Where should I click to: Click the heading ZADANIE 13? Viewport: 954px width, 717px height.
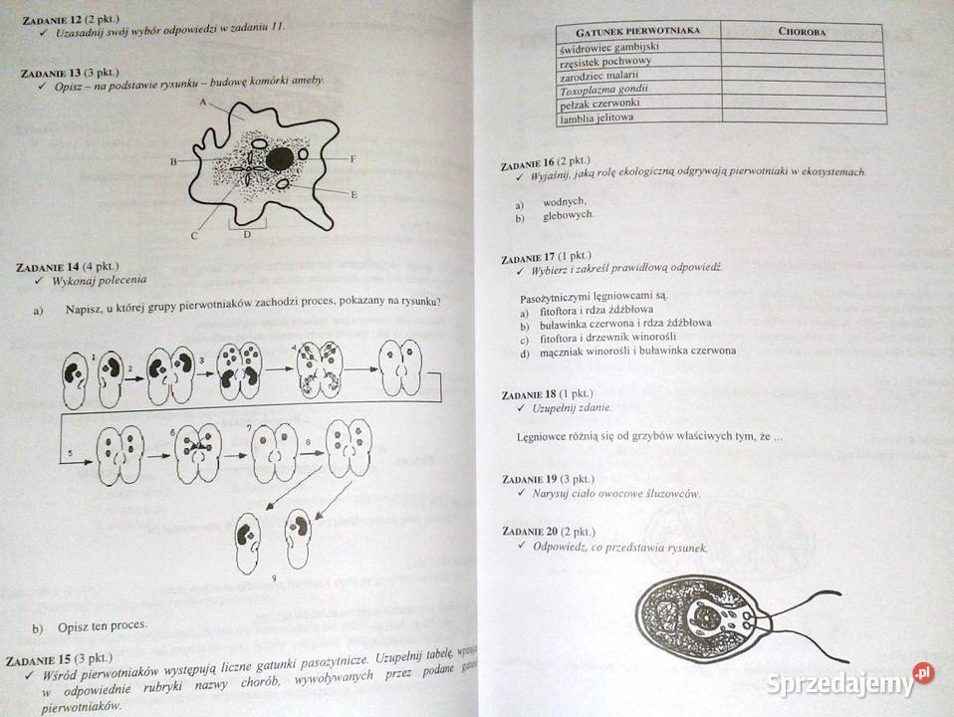[x=52, y=73]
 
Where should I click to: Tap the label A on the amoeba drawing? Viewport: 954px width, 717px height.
[x=202, y=103]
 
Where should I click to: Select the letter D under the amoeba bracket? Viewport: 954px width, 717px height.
[x=246, y=235]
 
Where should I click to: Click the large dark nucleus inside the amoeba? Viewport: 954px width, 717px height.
[x=279, y=158]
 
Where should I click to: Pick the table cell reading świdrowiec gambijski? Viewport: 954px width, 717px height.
[x=610, y=47]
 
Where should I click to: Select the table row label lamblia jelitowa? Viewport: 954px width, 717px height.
[x=597, y=119]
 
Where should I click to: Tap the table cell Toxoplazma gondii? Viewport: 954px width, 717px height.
[x=604, y=90]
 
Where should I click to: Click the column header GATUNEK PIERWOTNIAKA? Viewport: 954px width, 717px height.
[x=637, y=31]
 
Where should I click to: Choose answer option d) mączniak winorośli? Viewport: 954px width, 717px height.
[x=627, y=352]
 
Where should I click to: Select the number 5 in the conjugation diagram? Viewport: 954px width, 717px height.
[x=70, y=453]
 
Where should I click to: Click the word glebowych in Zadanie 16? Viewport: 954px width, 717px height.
[x=568, y=215]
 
